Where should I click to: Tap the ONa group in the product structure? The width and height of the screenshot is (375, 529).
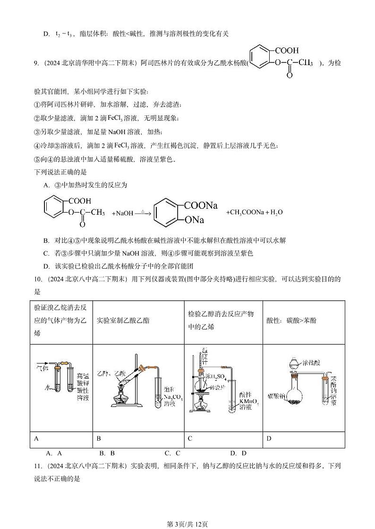(x=194, y=220)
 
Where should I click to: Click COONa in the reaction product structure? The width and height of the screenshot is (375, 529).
(x=201, y=205)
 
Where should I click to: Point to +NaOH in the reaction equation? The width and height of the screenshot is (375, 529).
(x=122, y=213)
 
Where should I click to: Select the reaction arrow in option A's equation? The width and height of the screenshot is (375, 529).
(x=143, y=214)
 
